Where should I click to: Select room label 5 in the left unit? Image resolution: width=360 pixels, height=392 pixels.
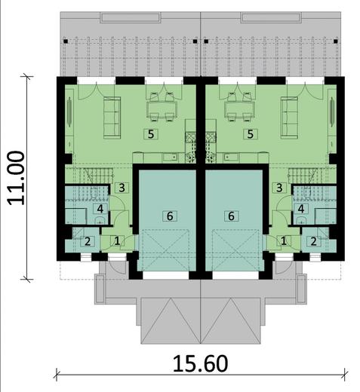click(x=152, y=133)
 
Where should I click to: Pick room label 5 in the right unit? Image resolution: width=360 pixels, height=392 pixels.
click(x=251, y=133)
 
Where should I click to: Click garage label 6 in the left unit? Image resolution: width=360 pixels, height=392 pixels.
click(x=170, y=216)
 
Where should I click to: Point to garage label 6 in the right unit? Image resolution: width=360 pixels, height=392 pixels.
click(x=232, y=216)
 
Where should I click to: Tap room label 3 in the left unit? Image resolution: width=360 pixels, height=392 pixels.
click(x=121, y=188)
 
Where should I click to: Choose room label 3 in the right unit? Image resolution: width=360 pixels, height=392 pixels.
click(x=280, y=188)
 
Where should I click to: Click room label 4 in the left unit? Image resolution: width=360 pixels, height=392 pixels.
click(x=100, y=209)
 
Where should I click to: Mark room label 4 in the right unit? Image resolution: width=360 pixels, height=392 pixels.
click(x=301, y=209)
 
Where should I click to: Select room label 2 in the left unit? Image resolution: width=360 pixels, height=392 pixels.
click(x=88, y=241)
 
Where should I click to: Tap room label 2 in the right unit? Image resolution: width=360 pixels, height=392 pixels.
click(x=314, y=241)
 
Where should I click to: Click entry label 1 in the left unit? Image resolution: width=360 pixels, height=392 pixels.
click(x=116, y=240)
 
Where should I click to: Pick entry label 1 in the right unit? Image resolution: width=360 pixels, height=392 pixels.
click(x=285, y=240)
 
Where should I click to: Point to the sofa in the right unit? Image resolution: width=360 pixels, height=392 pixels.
click(x=289, y=114)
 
